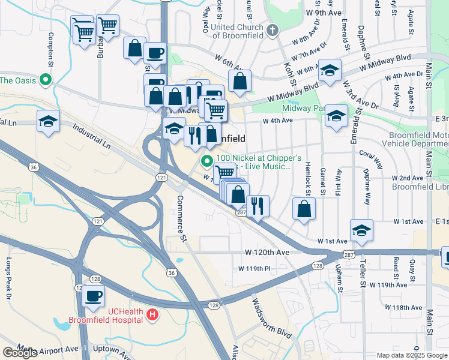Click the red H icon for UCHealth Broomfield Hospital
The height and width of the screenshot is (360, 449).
pyautogui.click(x=152, y=314)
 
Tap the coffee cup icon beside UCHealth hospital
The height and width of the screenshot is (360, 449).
pyautogui.click(x=94, y=296)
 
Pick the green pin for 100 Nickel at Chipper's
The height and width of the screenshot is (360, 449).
pyautogui.click(x=207, y=161)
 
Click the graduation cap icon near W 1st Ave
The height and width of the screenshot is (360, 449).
pyautogui.click(x=361, y=230)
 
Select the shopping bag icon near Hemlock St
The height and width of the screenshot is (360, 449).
pyautogui.click(x=304, y=209)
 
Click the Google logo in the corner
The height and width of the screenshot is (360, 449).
pyautogui.click(x=20, y=353)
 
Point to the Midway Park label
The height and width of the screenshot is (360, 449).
pyautogui.click(x=303, y=109)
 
